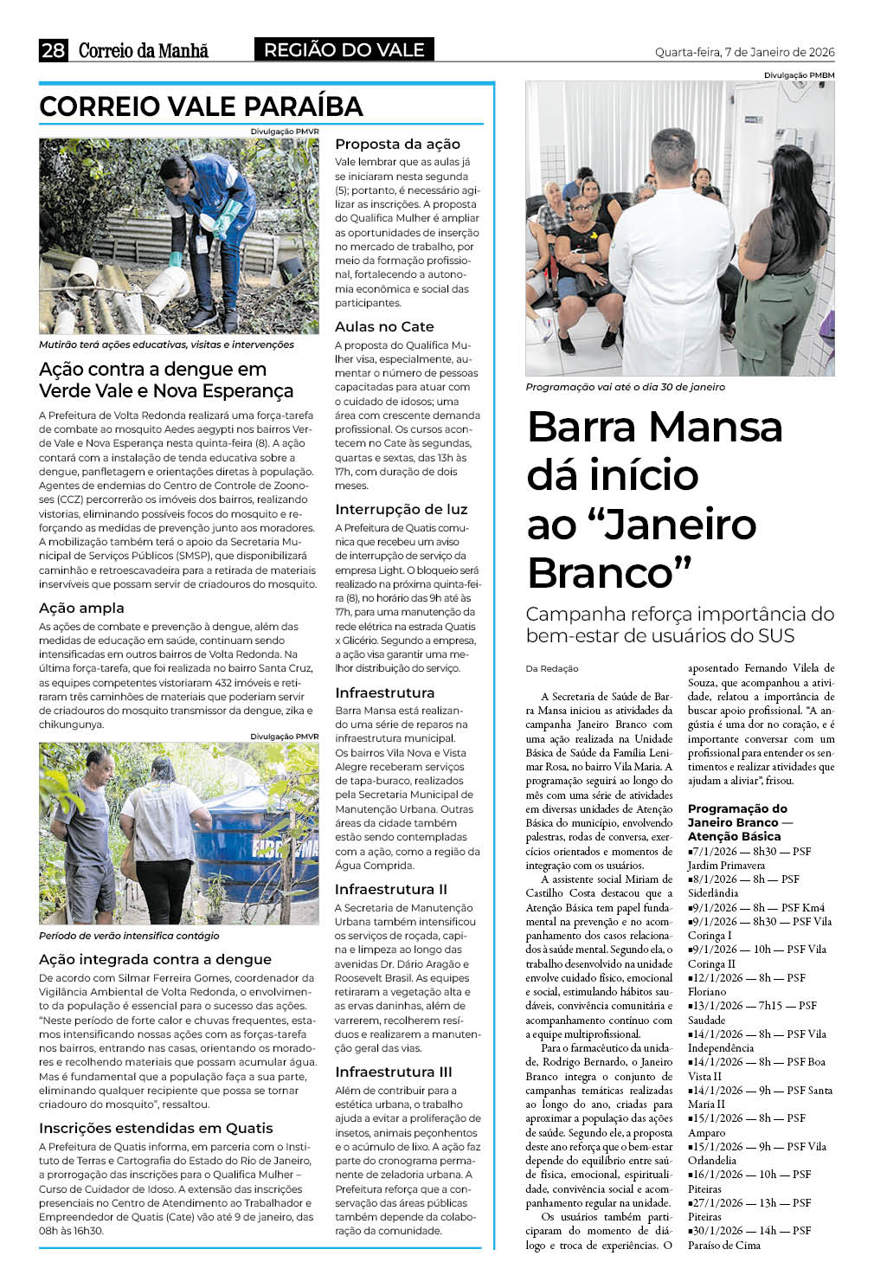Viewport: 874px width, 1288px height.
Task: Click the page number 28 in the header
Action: (53, 50)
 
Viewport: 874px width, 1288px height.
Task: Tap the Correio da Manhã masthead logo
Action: (144, 51)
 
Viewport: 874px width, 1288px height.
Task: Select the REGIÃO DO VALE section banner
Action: (344, 50)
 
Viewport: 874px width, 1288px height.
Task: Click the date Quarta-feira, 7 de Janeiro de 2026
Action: (744, 52)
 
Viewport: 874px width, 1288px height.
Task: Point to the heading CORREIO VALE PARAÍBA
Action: (201, 106)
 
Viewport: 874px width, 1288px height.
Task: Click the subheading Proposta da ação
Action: (397, 144)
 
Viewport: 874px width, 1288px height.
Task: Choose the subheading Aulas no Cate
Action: (384, 326)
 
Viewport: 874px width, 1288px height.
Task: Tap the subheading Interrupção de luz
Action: (401, 509)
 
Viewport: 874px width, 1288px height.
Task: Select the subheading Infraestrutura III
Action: (393, 1072)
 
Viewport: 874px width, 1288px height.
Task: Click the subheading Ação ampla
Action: (81, 608)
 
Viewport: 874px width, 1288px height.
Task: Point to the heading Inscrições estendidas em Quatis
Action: (156, 1128)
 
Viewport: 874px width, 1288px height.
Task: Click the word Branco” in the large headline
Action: (610, 572)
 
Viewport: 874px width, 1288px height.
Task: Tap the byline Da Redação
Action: (552, 668)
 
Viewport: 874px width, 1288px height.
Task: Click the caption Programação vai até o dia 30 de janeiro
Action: (625, 387)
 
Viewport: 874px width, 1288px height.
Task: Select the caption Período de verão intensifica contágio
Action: (129, 936)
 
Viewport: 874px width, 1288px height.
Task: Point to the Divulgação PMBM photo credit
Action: (799, 75)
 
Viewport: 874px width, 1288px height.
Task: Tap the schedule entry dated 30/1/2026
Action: (749, 1230)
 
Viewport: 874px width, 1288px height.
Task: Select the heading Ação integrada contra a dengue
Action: (155, 959)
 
